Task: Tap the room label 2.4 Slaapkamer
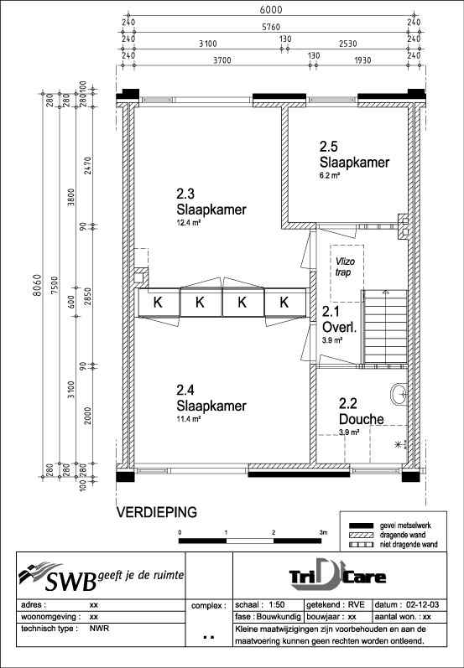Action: (211, 399)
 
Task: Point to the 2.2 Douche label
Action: (362, 412)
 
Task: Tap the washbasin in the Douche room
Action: (399, 394)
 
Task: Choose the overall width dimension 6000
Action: (270, 10)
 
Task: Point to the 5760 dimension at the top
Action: (270, 25)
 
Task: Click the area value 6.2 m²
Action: (331, 175)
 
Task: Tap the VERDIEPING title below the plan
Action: (156, 510)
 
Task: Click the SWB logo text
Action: (63, 578)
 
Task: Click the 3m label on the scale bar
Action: (322, 532)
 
